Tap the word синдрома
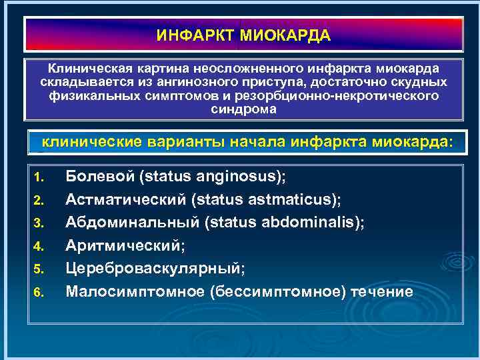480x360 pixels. click(x=243, y=109)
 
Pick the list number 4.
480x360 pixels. click(x=38, y=247)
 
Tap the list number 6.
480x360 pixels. click(x=38, y=293)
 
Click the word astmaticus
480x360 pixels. click(x=297, y=200)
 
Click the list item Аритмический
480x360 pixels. click(x=125, y=246)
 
